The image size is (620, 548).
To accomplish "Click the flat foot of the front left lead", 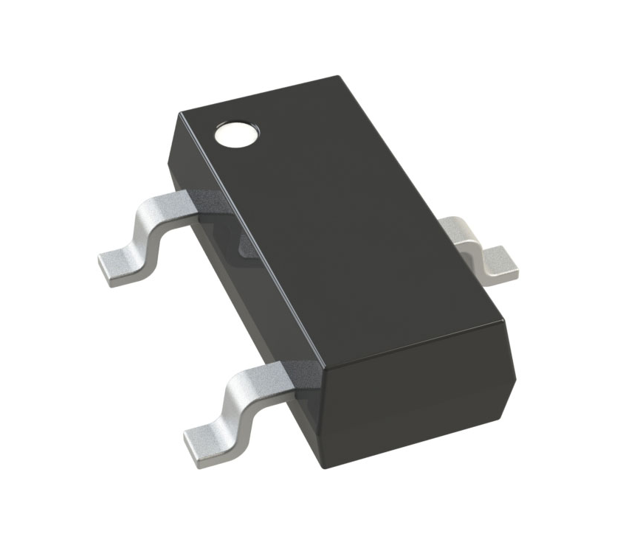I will tap(207, 440).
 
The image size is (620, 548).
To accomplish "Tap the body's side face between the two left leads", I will tap(244, 295).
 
